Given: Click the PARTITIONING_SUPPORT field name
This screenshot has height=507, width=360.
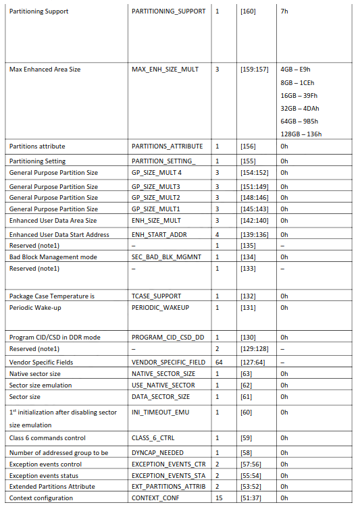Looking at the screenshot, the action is (x=168, y=11).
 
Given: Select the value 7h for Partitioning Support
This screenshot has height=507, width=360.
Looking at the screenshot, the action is (x=284, y=11).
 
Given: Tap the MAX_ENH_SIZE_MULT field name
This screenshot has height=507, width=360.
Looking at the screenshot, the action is (x=165, y=70).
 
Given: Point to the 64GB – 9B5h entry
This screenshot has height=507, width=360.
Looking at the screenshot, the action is (x=299, y=121).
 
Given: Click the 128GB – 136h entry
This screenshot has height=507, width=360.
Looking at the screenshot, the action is (x=301, y=134).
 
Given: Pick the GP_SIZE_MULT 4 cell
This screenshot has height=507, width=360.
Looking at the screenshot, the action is (x=156, y=172).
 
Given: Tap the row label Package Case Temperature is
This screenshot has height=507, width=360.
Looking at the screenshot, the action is (x=51, y=296).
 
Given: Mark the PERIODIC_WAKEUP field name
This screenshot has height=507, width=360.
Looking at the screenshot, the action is (x=160, y=307).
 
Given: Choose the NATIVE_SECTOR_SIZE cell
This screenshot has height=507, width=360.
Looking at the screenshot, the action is (x=163, y=373).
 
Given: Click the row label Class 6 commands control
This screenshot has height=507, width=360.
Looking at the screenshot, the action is (x=47, y=439).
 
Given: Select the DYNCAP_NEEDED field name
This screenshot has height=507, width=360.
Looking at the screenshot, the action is (x=157, y=452).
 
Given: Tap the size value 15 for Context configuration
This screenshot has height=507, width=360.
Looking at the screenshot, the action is (x=218, y=498).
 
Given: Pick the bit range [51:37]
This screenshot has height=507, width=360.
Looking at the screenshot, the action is (x=251, y=498).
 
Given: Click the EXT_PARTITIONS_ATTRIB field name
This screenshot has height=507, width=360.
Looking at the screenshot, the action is (x=168, y=486).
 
